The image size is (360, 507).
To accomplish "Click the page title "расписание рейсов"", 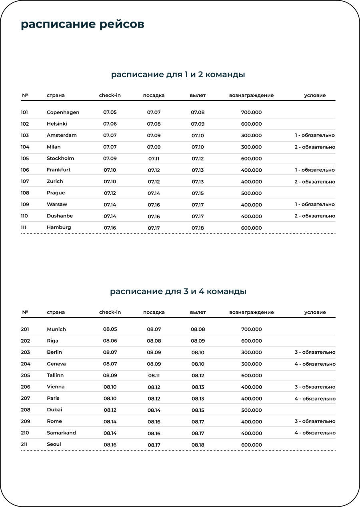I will tap(82, 24).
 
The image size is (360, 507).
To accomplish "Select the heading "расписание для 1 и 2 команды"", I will tap(178, 74).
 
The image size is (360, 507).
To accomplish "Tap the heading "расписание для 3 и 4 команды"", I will tap(178, 291).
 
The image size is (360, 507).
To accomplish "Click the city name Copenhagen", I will tap(63, 112).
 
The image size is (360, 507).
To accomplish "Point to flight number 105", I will tap(25, 158).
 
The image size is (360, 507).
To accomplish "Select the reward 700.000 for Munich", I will tap(252, 329).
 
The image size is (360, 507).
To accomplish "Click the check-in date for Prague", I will tap(110, 193).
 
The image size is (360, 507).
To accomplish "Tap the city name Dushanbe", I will tap(60, 216).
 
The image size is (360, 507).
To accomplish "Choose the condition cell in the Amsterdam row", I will tap(315, 135).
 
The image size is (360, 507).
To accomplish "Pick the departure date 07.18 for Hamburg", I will tap(198, 228).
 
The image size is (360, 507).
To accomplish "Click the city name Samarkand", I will tap(61, 433).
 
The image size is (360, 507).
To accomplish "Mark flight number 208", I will tap(25, 410).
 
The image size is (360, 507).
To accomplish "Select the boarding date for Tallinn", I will tap(154, 376).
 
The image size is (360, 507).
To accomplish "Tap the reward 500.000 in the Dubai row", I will tap(252, 410).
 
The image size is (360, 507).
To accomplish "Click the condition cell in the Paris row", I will tap(315, 399).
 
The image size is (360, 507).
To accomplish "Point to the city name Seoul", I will tap(54, 445).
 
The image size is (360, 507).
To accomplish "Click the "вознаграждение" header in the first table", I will tap(251, 96).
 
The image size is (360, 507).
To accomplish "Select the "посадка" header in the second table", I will tap(154, 313).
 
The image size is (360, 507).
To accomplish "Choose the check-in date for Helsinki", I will tap(110, 124).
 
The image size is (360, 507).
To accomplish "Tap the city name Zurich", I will tap(55, 182).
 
